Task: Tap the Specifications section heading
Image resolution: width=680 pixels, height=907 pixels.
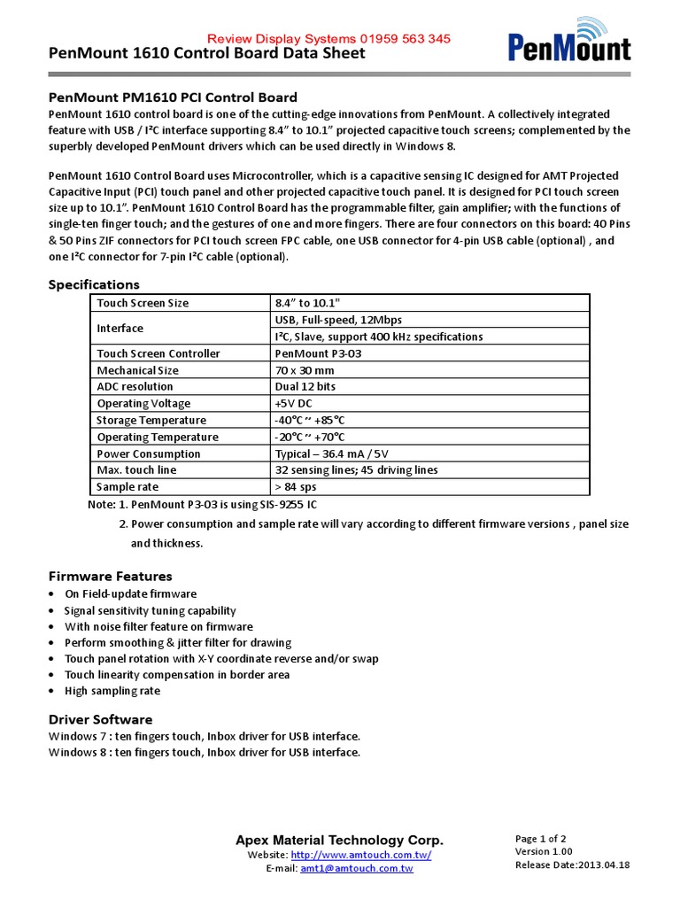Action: pos(93,284)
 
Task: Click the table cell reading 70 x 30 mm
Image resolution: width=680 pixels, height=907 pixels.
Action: pos(305,370)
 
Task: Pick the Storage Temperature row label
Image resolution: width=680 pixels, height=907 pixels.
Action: pos(151,420)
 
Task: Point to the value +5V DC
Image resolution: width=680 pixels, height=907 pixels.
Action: pos(293,403)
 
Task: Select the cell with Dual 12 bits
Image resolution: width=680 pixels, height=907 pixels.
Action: pos(306,386)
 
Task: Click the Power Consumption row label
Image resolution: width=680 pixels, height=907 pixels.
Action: pos(149,453)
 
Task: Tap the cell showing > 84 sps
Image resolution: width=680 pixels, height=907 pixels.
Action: pos(296,486)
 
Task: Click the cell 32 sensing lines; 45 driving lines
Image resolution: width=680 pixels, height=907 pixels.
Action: pos(356,469)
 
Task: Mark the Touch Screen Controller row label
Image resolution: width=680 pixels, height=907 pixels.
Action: pos(158,353)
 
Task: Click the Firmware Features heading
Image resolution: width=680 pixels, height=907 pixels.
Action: pos(110,576)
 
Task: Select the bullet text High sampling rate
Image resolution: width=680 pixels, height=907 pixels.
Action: pos(112,691)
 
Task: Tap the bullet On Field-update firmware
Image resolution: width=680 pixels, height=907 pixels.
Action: pos(130,593)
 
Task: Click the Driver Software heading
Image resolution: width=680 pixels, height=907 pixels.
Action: pos(100,719)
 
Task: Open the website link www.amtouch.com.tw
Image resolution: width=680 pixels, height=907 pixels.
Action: pos(360,855)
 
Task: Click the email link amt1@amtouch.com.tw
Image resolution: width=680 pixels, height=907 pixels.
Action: pos(357,869)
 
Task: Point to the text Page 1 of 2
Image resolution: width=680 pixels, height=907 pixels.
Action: pos(540,839)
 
